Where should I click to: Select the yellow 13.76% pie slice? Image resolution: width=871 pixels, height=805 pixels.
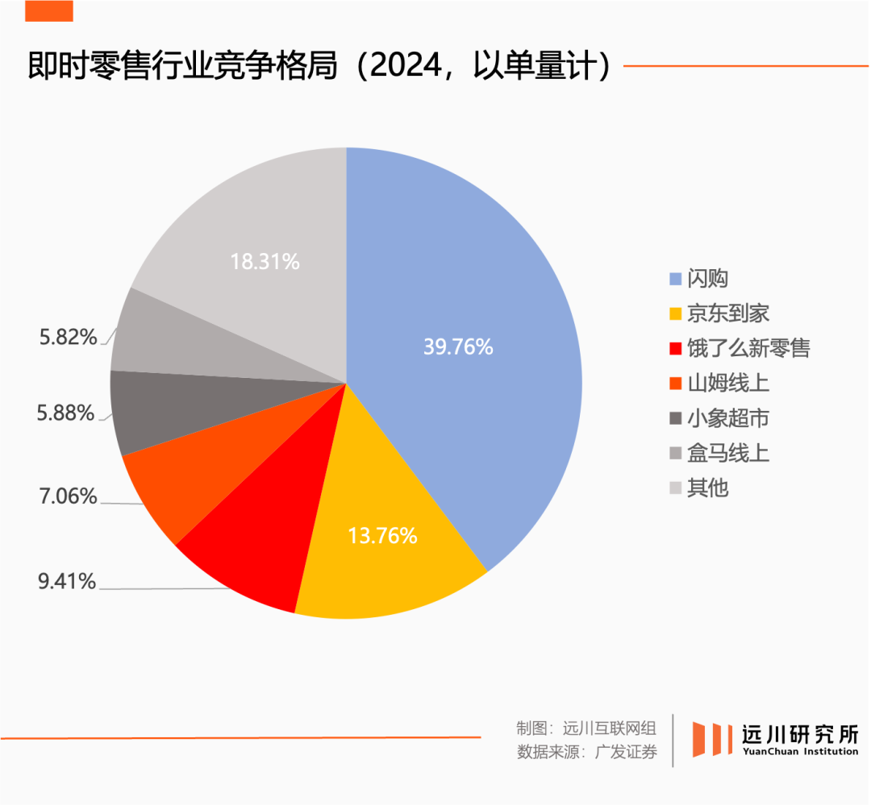[387, 556]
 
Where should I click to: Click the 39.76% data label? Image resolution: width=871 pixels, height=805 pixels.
[457, 346]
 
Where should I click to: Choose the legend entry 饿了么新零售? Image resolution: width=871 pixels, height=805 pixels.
[748, 348]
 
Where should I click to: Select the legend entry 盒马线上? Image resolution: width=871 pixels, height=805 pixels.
[728, 453]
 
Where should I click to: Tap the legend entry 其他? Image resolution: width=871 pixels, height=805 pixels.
[708, 488]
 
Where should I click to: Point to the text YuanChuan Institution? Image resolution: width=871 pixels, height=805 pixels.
[799, 752]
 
